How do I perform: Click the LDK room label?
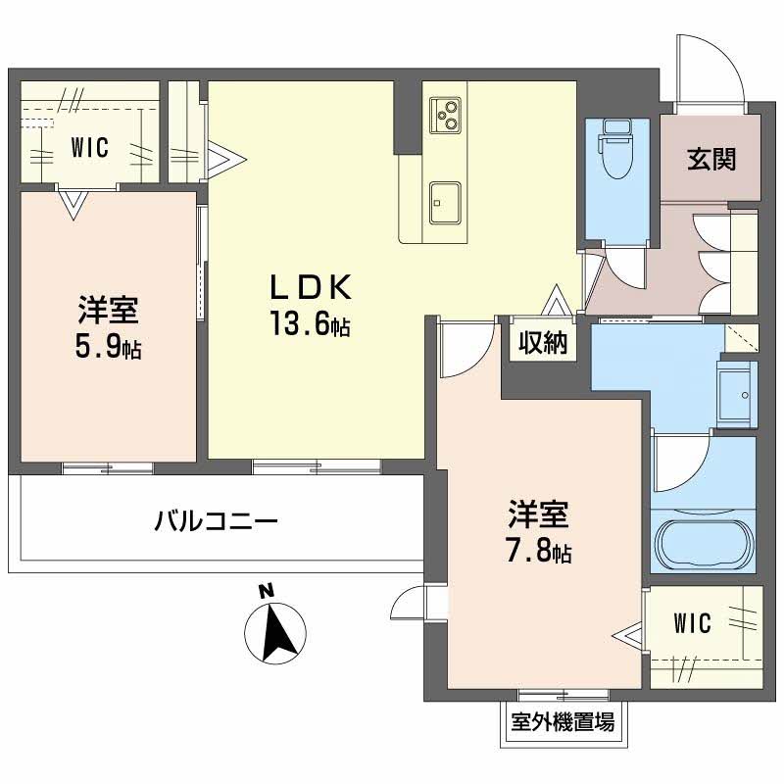(311, 287)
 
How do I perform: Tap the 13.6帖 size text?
(311, 323)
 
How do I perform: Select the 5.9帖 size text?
(110, 346)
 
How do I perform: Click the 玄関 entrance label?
(710, 159)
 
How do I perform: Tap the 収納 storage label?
(542, 344)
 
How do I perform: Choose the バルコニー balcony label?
(217, 519)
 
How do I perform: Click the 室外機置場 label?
(563, 723)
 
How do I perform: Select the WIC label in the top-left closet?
(89, 149)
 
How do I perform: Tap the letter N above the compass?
(264, 591)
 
